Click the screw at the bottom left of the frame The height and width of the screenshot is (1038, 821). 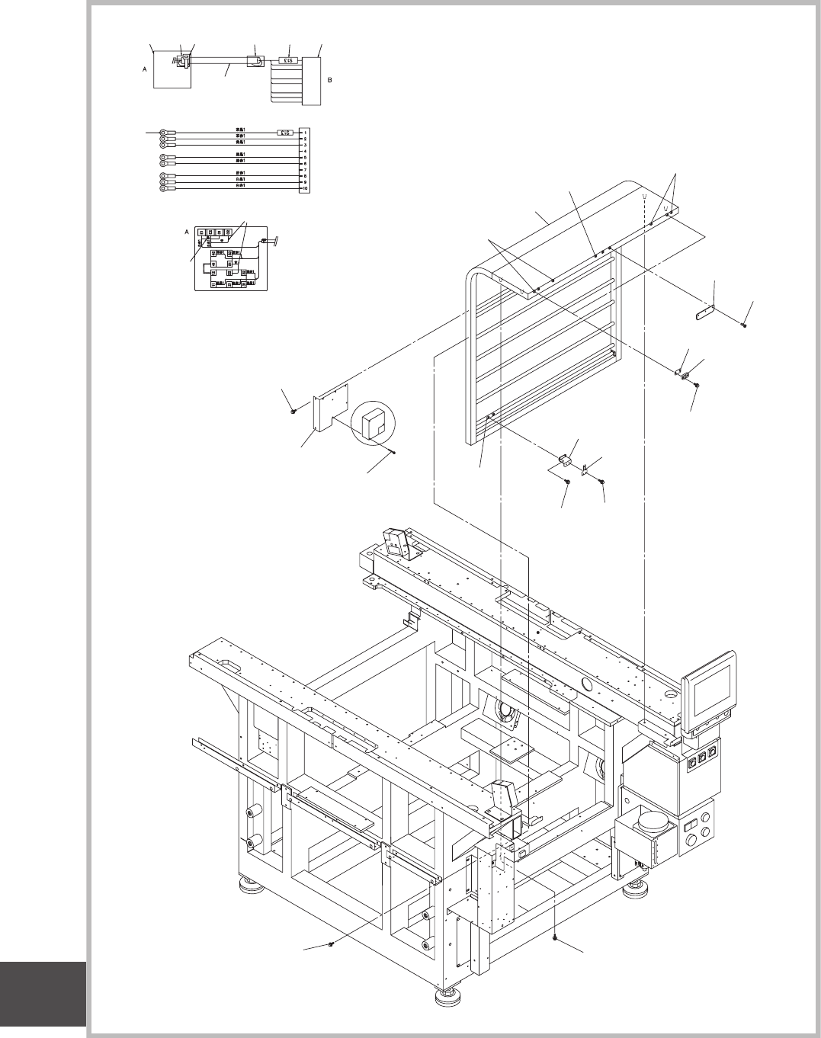(330, 944)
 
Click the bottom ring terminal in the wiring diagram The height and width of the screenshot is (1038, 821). (163, 187)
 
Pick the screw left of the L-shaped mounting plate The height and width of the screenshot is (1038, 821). (294, 412)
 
